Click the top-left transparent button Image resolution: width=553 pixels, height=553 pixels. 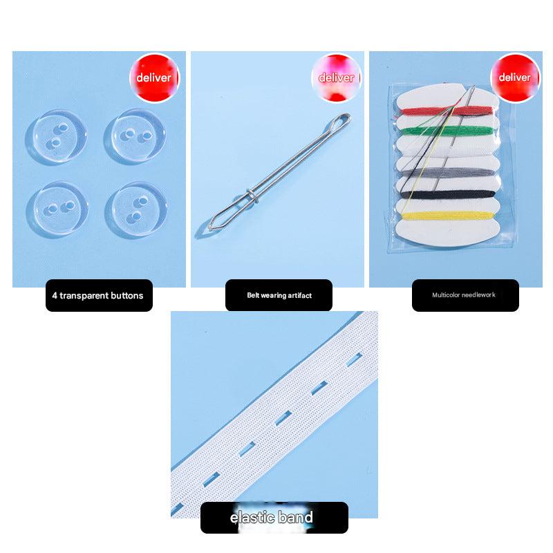tap(56, 137)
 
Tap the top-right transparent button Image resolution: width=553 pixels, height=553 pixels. tap(135, 136)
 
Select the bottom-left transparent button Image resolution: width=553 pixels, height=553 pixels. tap(57, 209)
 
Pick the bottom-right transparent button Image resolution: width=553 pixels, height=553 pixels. tap(136, 210)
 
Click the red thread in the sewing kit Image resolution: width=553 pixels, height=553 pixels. tap(447, 111)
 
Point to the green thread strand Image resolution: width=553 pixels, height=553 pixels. tap(447, 131)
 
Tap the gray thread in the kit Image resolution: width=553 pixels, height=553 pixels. tap(447, 173)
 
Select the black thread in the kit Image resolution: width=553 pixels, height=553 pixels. tap(448, 194)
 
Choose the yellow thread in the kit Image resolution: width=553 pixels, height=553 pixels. tap(447, 215)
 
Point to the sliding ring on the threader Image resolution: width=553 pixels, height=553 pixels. tap(252, 196)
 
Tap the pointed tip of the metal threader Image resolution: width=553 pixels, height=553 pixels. tap(211, 228)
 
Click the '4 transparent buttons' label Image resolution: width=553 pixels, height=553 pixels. tap(99, 295)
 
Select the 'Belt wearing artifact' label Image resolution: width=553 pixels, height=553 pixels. tap(279, 295)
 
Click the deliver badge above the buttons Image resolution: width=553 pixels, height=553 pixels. tap(154, 77)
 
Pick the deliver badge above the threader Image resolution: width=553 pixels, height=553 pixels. tap(337, 77)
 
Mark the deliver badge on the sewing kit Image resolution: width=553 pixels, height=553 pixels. tap(515, 77)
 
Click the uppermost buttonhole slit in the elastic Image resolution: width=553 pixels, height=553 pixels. tap(354, 359)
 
